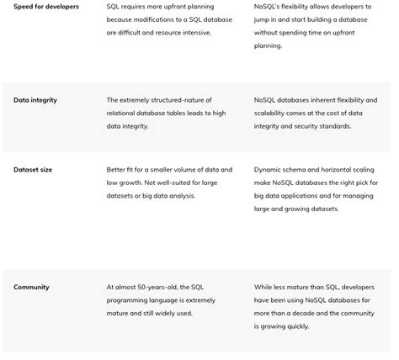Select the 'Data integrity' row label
click(35, 100)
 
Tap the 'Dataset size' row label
click(33, 169)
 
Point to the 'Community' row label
click(31, 287)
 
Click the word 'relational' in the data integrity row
click(124, 114)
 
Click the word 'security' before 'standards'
click(306, 127)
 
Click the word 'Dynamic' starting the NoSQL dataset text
click(269, 169)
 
